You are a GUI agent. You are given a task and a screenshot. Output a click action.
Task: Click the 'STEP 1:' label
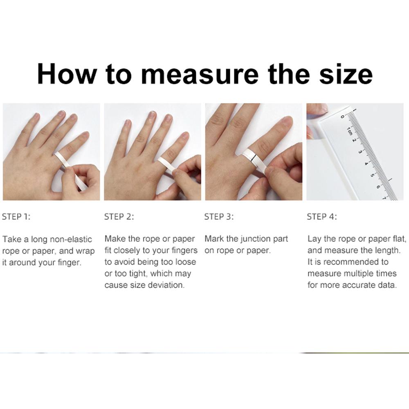pyautogui.click(x=16, y=217)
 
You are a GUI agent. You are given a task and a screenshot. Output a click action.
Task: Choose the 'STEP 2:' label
pyautogui.click(x=119, y=217)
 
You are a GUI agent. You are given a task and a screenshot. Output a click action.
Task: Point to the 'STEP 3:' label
pyautogui.click(x=219, y=217)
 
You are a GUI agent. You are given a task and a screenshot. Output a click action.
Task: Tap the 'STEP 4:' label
pyautogui.click(x=322, y=217)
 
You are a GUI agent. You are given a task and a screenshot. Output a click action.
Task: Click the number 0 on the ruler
pyautogui.click(x=343, y=117)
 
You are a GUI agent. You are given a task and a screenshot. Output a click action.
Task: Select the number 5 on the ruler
pyautogui.click(x=372, y=175)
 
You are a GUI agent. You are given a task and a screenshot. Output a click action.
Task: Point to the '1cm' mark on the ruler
pyautogui.click(x=349, y=131)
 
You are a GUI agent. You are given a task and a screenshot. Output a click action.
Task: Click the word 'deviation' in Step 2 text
pyautogui.click(x=167, y=285)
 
